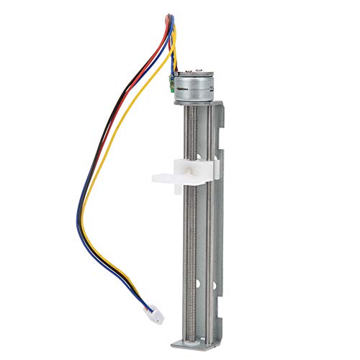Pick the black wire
click(108, 130)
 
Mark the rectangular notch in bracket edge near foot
click(220, 299)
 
